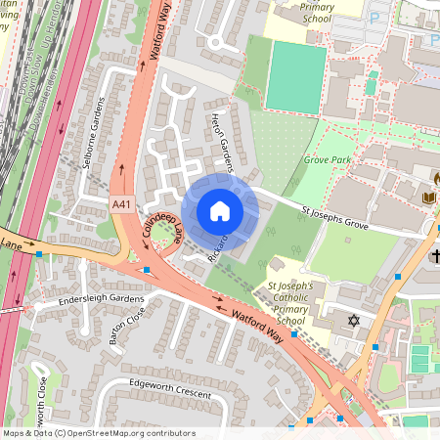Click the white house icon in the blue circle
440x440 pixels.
coord(220,210)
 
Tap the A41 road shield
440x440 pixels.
coord(121,203)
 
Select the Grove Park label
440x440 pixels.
coord(326,158)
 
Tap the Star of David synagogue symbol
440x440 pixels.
coord(354,320)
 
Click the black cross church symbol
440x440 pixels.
coord(433,256)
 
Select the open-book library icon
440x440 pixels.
coord(427,198)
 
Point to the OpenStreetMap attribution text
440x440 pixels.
coord(98,433)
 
